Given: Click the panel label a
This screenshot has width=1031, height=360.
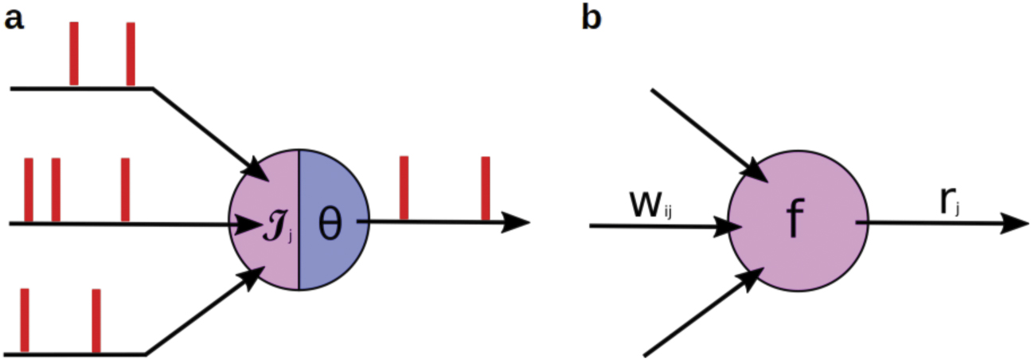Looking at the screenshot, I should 14,18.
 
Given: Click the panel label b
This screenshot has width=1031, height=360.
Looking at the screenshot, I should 593,17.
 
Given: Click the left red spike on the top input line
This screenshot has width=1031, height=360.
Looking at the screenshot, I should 74,53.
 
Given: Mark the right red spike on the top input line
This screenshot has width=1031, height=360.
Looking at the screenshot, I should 131,53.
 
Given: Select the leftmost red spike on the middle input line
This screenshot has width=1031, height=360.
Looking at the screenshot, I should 29,190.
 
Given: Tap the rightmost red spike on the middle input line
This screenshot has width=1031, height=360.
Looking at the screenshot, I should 125,190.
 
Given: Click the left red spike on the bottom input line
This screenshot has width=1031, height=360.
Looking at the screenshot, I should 25,320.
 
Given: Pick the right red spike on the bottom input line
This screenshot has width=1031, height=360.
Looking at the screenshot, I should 96,320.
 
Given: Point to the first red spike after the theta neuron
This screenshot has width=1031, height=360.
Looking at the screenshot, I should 404,188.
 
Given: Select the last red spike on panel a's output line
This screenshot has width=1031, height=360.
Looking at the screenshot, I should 486,188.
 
